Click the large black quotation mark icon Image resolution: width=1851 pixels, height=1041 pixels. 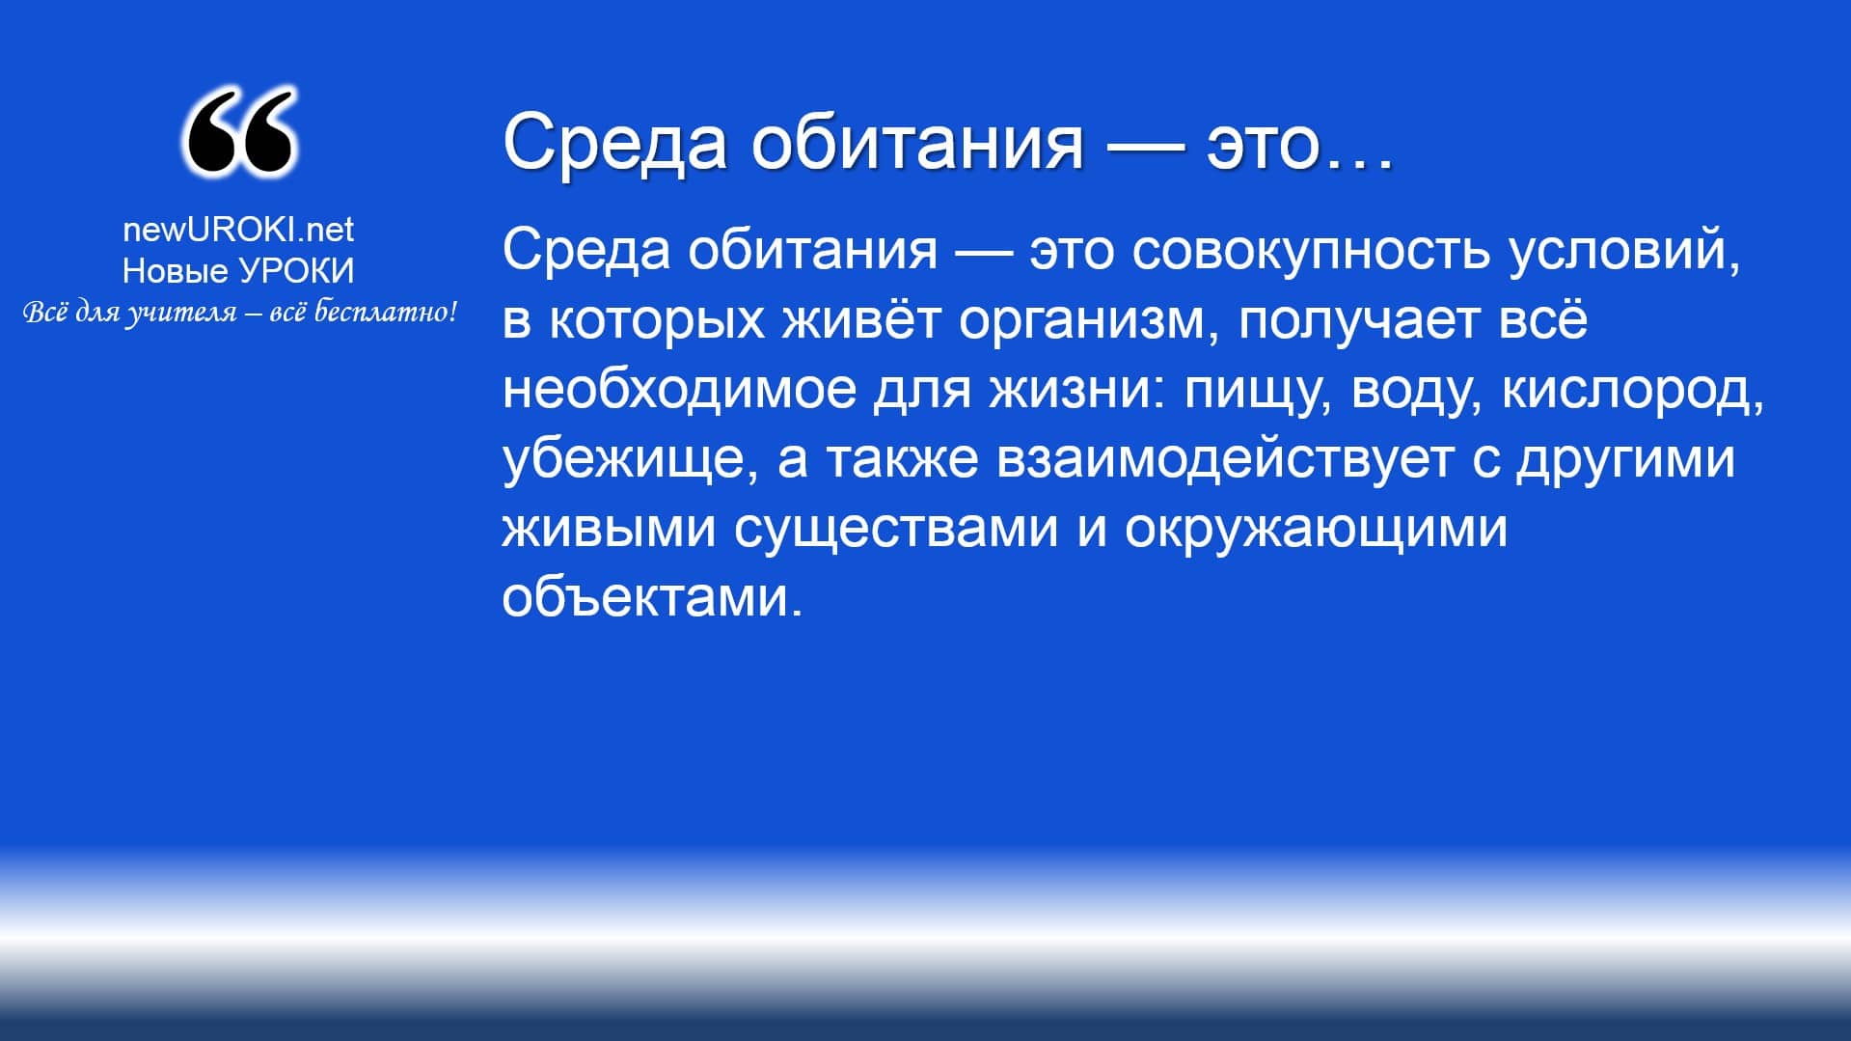pyautogui.click(x=238, y=132)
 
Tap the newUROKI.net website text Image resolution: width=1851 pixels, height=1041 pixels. pyautogui.click(x=238, y=230)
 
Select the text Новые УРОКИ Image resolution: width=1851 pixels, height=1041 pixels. pyautogui.click(x=238, y=272)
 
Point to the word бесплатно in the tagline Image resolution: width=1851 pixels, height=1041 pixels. pyautogui.click(x=381, y=313)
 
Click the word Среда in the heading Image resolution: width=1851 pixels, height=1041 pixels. pyautogui.click(x=614, y=143)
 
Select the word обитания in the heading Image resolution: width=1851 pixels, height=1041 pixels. pyautogui.click(x=917, y=143)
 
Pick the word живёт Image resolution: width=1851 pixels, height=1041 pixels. pyautogui.click(x=860, y=319)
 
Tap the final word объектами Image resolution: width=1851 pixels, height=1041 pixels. pyautogui.click(x=653, y=598)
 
